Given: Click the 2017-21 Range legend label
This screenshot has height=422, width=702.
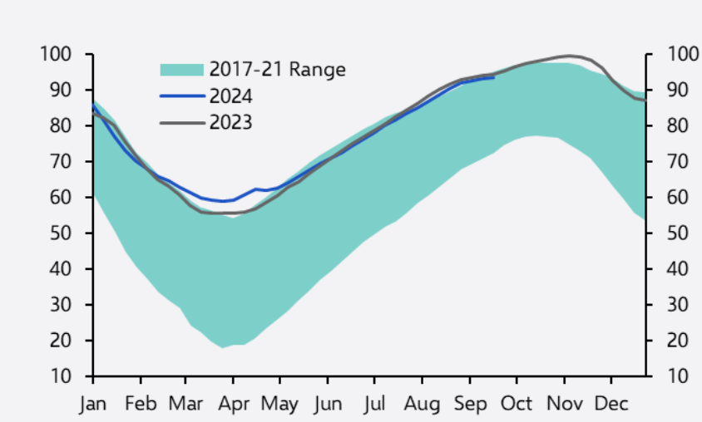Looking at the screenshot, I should pos(277,69).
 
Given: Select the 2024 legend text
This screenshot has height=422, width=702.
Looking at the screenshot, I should pos(230,96).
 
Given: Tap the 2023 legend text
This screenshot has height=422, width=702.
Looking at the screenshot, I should pos(230,123).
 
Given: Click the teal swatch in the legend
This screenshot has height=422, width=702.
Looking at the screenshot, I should pos(181,69).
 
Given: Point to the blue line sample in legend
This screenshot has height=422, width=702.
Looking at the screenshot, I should pos(181,96).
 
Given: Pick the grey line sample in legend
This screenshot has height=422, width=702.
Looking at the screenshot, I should pos(181,123).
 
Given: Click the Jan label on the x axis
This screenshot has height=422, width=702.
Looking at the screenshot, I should pos(93,405).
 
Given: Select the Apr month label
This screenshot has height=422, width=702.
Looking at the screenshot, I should pos(233,405).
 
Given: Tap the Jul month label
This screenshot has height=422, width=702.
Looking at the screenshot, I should pos(375,405).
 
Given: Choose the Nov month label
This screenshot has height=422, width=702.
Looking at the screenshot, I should pos(564,405).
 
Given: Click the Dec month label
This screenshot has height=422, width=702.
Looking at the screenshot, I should pos(611,405).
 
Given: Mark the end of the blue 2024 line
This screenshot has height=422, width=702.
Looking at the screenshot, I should pos(494,77).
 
